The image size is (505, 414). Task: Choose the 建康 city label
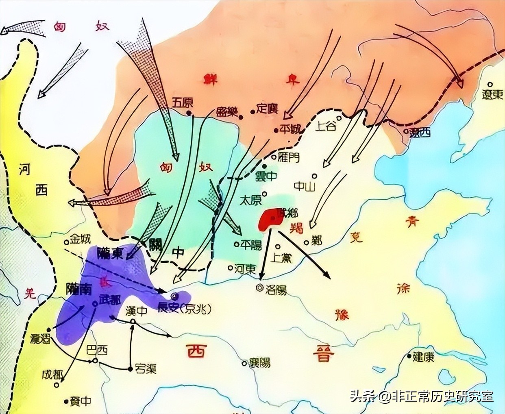click(423, 357)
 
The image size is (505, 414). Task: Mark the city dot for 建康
click(409, 357)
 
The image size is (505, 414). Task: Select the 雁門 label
click(288, 158)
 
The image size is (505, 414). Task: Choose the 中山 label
click(303, 185)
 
